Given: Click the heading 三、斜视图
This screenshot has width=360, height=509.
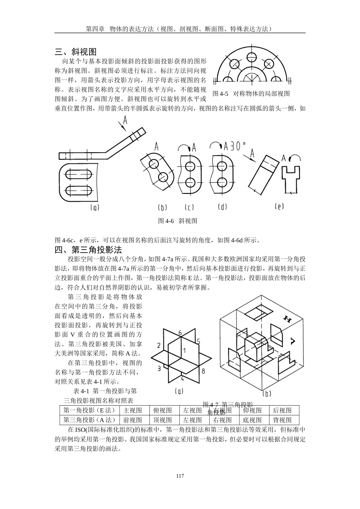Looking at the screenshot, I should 76,52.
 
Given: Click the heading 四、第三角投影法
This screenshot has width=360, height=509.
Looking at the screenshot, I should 88,250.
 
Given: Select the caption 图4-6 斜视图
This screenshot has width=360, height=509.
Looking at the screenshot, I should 177,221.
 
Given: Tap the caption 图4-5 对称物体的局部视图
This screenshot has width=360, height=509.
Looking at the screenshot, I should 251,94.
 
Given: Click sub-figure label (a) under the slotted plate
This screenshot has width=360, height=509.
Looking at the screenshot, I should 95,207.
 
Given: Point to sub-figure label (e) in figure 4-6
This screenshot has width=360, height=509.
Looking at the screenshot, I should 279,206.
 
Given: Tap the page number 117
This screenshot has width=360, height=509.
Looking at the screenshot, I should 180,476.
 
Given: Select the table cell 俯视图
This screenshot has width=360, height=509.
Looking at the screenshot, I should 163,411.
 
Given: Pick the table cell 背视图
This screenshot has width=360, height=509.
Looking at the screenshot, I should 282,420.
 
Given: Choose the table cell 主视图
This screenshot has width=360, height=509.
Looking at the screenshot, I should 133,411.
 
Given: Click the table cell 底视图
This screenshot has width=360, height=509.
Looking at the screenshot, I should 252,420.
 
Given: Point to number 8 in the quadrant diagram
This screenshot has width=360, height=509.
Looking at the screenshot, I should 203,371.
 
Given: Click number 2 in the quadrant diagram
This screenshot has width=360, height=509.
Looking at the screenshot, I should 159,345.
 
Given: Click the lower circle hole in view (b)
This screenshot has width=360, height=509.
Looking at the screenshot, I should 164,176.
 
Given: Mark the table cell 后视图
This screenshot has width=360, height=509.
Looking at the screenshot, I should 282,411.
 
